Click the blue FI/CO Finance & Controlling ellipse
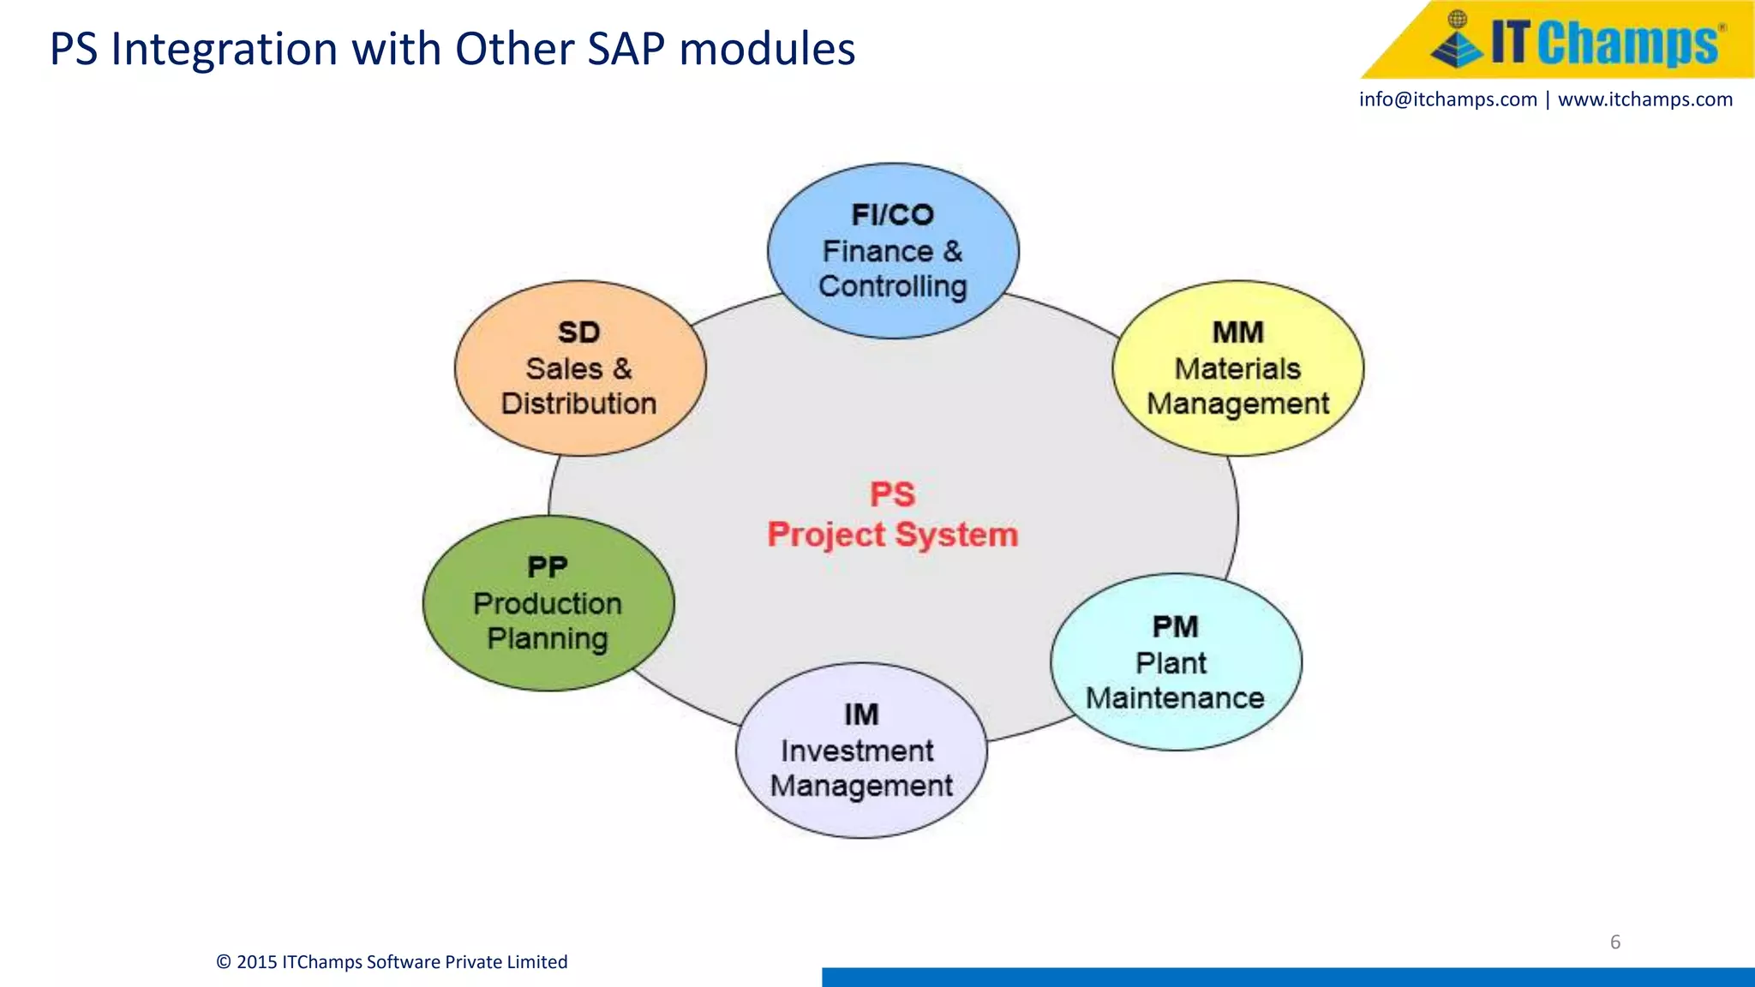point(893,250)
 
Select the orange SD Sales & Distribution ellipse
point(580,368)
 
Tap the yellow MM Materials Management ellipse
point(1237,368)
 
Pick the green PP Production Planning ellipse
point(548,603)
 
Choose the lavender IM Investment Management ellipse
point(861,751)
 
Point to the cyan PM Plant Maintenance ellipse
point(1176,662)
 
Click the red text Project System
point(892,535)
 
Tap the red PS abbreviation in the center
point(892,494)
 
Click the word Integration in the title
point(226,49)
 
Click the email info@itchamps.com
point(1447,99)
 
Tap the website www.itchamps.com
point(1644,99)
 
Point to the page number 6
point(1614,942)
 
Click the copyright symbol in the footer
point(224,962)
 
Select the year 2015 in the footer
point(256,962)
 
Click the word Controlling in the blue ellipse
point(892,286)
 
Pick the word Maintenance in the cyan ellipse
point(1175,698)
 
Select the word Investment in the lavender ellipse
point(856,751)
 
